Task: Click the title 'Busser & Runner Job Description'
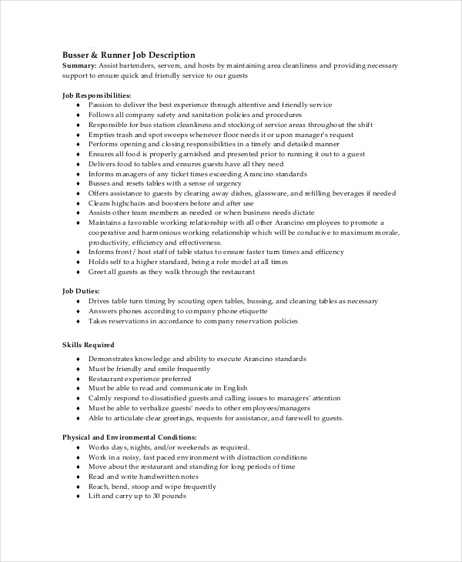[x=128, y=55]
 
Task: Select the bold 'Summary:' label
[x=79, y=66]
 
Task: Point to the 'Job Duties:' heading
[x=80, y=291]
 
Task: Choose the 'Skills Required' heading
[x=88, y=346]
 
